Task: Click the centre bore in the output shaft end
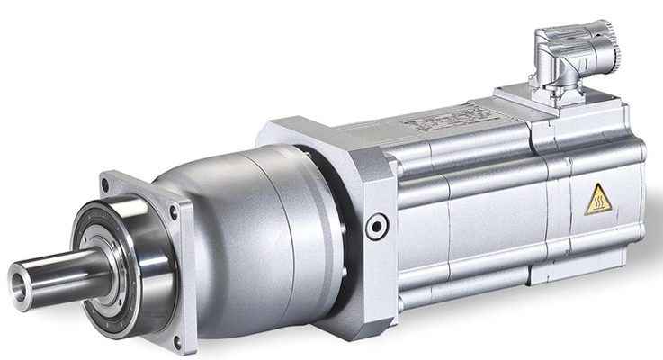tap(20, 277)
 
